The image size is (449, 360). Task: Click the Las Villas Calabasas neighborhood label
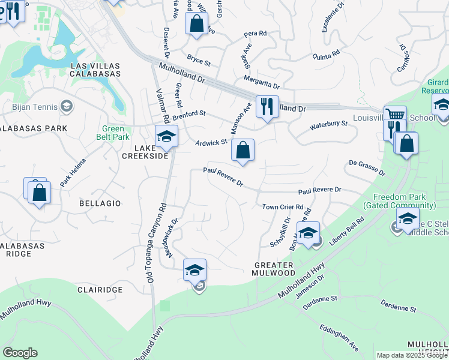pyautogui.click(x=95, y=70)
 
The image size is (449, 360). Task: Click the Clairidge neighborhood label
pyautogui.click(x=100, y=289)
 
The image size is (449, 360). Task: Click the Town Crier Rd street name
pyautogui.click(x=283, y=207)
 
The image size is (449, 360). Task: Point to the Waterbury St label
pyautogui.click(x=328, y=125)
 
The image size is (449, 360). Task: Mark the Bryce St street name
pyautogui.click(x=199, y=61)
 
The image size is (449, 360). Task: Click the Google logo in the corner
pyautogui.click(x=20, y=353)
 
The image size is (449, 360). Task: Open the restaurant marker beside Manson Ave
pyautogui.click(x=267, y=107)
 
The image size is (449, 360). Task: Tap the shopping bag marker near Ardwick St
pyautogui.click(x=243, y=150)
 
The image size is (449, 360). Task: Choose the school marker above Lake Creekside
pyautogui.click(x=166, y=136)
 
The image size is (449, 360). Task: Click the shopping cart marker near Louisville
pyautogui.click(x=395, y=116)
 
